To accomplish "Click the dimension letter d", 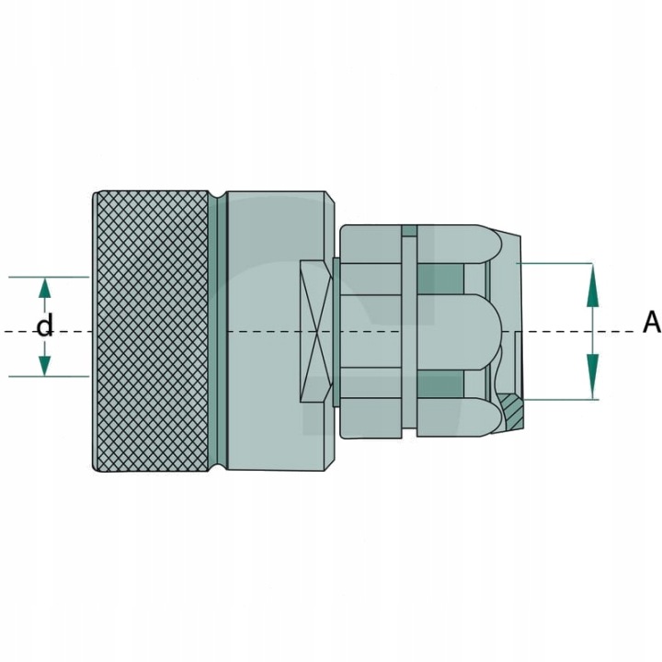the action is [45, 326].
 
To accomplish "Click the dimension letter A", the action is [652, 322].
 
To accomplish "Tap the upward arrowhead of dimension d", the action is [45, 289].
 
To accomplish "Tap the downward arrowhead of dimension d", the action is [45, 365].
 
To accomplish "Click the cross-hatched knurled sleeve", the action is [151, 331].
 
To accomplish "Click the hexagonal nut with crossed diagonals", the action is [316, 331].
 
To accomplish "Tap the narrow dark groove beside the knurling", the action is [218, 331].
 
